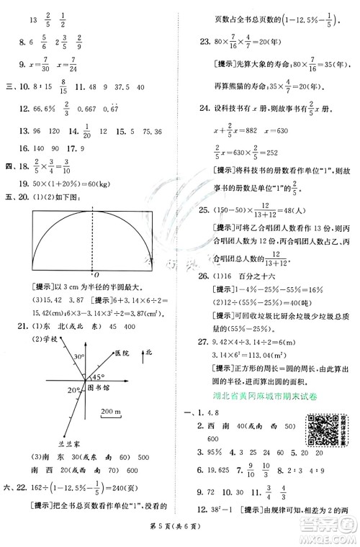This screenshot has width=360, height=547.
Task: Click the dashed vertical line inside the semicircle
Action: (95, 238)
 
